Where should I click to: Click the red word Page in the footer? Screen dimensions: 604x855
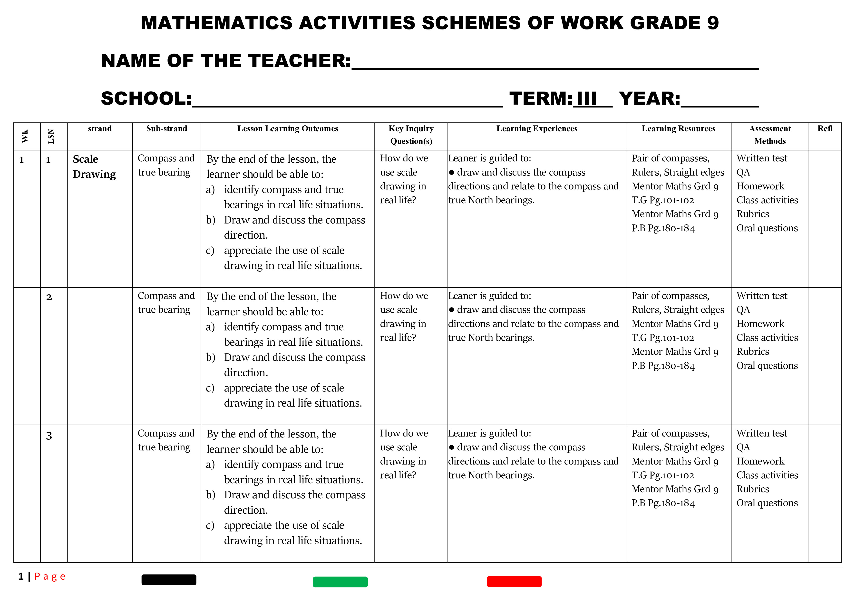(x=50, y=576)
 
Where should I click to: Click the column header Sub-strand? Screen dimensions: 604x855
(x=166, y=129)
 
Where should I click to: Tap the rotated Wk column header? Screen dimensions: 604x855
(x=25, y=136)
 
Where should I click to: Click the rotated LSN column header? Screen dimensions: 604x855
(x=51, y=136)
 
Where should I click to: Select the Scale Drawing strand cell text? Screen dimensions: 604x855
(x=94, y=166)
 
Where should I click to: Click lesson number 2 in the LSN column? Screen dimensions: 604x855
(x=49, y=297)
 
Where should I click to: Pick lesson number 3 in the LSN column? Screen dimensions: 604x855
(x=49, y=436)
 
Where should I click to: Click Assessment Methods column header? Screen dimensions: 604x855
(x=770, y=135)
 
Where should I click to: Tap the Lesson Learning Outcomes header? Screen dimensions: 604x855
(x=288, y=129)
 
